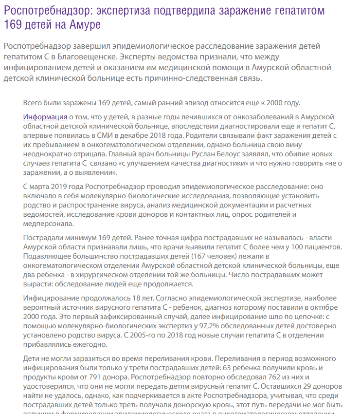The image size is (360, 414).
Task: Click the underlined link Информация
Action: (45, 117)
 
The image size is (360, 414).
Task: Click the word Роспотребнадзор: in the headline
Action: (45, 10)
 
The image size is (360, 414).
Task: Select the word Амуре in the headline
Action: (89, 24)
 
